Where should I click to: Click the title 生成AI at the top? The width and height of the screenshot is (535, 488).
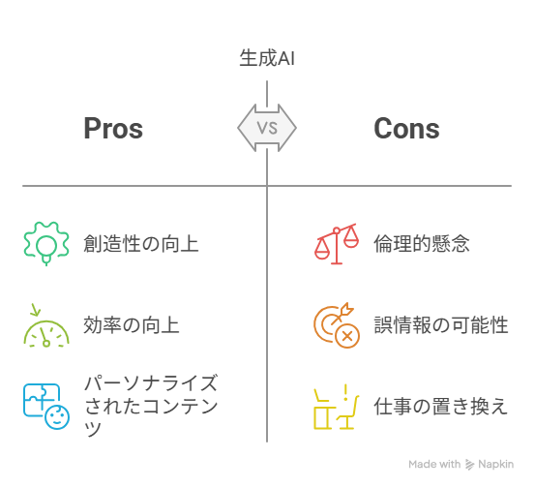click(x=267, y=58)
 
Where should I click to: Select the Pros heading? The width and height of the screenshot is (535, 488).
click(x=113, y=129)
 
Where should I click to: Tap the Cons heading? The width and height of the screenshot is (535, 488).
click(x=406, y=129)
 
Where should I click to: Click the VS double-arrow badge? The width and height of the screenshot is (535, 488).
click(x=267, y=128)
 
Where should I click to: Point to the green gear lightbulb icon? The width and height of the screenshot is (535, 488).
click(x=46, y=243)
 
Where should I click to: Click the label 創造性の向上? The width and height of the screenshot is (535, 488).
click(x=141, y=244)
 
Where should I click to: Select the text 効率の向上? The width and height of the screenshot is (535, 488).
click(x=132, y=324)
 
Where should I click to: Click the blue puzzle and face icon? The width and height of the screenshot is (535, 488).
click(x=46, y=407)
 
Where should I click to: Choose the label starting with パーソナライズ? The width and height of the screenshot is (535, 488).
click(x=151, y=406)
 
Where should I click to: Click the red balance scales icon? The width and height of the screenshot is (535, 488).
click(x=337, y=244)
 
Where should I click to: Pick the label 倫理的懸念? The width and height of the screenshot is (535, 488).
click(x=422, y=244)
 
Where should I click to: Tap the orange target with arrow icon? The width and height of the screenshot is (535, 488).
click(x=337, y=325)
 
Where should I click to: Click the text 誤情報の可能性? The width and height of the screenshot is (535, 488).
click(x=441, y=324)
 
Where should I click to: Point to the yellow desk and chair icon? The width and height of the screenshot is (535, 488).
click(x=337, y=407)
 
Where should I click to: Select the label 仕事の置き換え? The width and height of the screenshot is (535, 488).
click(x=441, y=407)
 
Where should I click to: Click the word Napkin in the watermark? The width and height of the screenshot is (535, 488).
click(x=495, y=464)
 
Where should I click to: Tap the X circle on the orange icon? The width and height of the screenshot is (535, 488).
click(x=347, y=336)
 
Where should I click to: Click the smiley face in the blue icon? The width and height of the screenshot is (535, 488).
click(x=57, y=417)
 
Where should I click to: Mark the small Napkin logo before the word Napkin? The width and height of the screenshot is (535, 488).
click(x=470, y=465)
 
